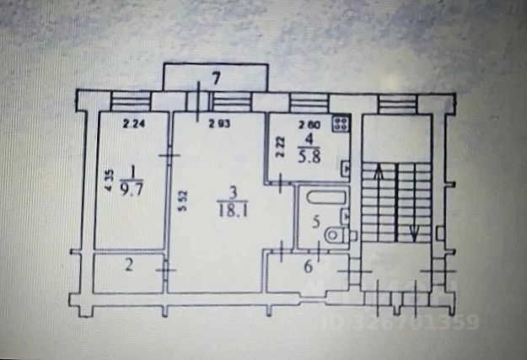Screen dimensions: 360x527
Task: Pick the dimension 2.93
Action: point(219,126)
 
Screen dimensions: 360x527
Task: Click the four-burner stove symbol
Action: point(341,124)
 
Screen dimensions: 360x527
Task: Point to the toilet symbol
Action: point(336,235)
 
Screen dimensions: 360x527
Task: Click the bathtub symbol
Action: point(325,198)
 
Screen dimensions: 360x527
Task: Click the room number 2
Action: point(128,266)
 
